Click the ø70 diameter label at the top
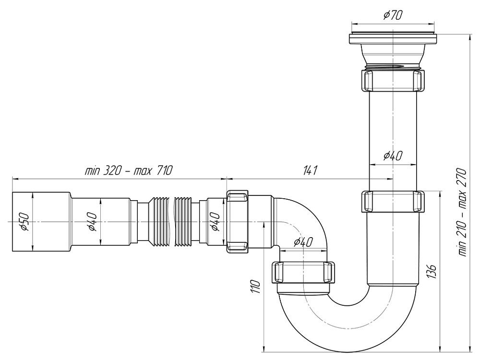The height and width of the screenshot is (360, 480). pyautogui.click(x=393, y=15)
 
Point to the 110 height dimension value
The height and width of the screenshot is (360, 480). pyautogui.click(x=255, y=287)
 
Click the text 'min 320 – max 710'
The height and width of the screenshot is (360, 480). pyautogui.click(x=128, y=171)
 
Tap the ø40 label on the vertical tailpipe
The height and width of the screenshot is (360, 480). pyautogui.click(x=393, y=156)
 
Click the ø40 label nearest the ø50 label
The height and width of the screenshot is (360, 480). pyautogui.click(x=92, y=222)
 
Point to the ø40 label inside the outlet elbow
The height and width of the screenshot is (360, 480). pyautogui.click(x=302, y=242)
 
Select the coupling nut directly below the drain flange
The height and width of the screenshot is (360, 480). pyautogui.click(x=393, y=80)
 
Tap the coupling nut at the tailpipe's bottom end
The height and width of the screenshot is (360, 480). pyautogui.click(x=393, y=202)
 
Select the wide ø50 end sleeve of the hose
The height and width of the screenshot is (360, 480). pyautogui.click(x=41, y=222)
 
